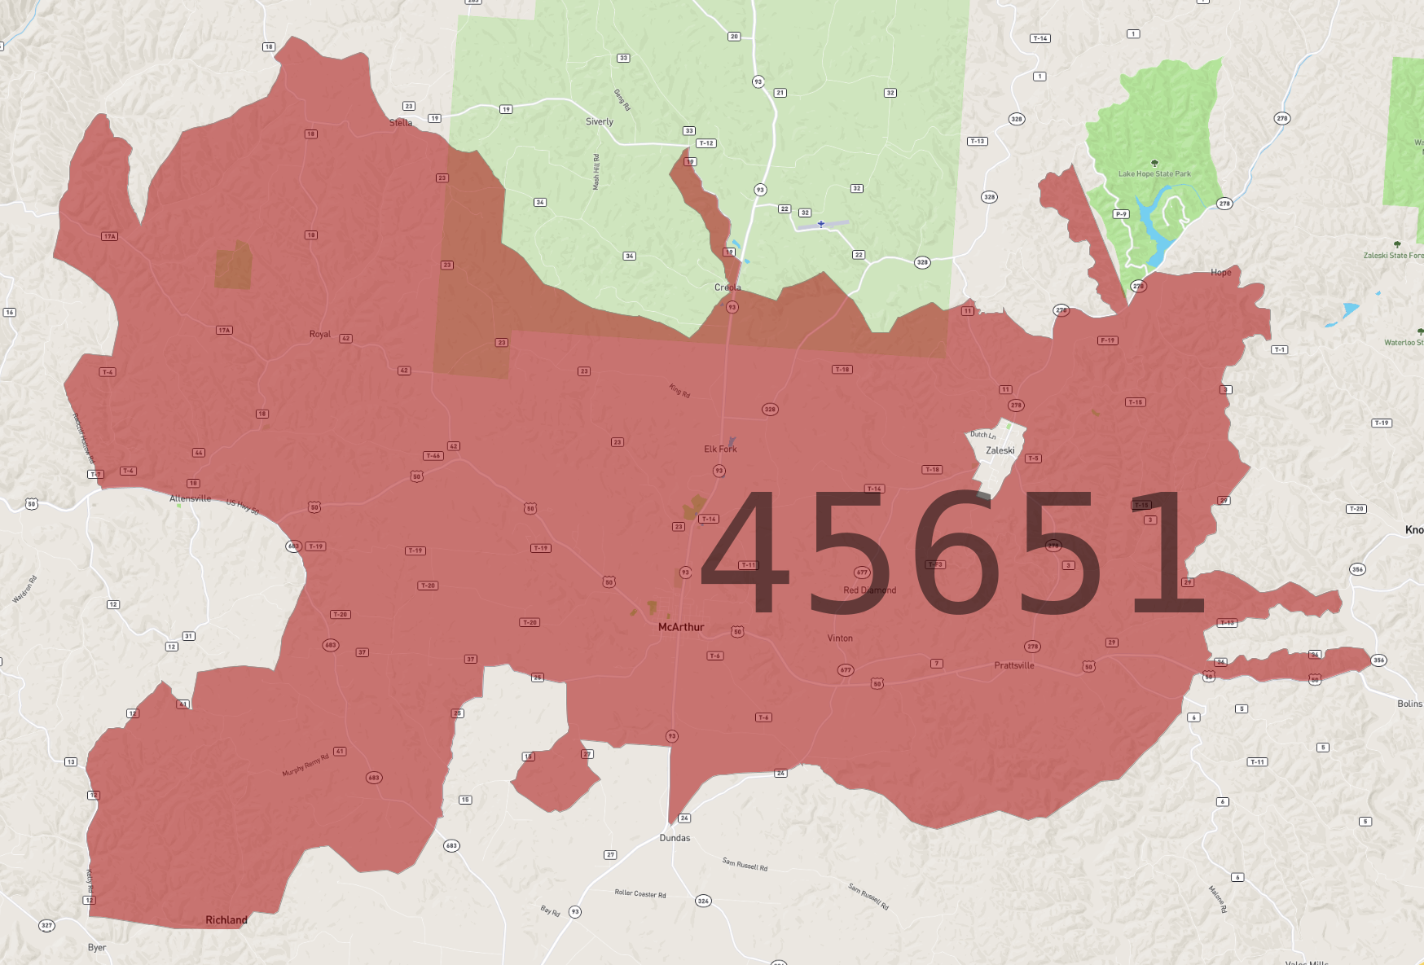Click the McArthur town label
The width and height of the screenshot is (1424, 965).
(680, 627)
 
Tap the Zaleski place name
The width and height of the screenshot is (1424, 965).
(1000, 450)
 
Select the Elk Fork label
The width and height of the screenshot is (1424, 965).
(720, 449)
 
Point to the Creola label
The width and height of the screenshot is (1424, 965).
(727, 287)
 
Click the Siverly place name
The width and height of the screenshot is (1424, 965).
(599, 122)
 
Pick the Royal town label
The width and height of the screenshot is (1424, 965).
(319, 334)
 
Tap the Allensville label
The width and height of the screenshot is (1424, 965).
(190, 498)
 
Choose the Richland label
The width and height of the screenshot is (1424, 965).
(226, 920)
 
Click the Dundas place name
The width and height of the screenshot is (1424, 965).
(675, 838)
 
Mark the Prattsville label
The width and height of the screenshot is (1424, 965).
(1013, 665)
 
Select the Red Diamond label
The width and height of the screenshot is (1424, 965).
(869, 590)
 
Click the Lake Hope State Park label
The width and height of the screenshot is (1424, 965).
(1154, 173)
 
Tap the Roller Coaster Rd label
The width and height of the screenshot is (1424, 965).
(639, 893)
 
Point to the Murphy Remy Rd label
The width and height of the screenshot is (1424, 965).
(305, 765)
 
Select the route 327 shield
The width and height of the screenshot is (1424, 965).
(47, 926)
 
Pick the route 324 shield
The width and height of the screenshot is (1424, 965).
(703, 901)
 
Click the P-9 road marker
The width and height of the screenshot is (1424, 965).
(1121, 214)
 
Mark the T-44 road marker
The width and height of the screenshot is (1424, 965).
(433, 456)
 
